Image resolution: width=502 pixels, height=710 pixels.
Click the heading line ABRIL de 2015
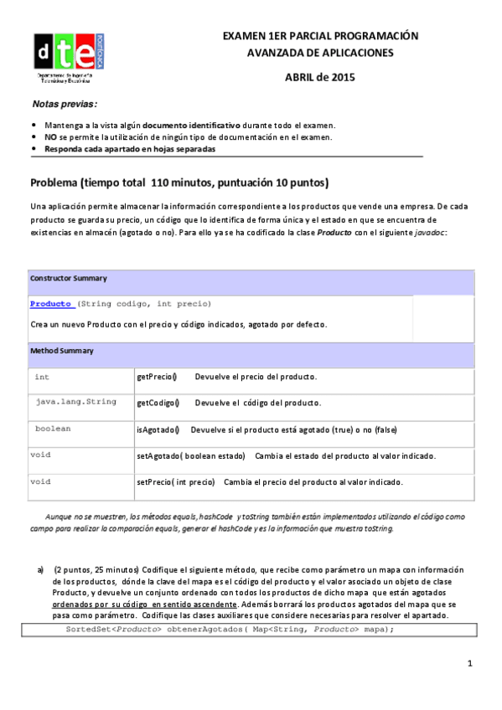pyautogui.click(x=320, y=78)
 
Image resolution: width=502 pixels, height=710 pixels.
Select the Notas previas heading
pyautogui.click(x=64, y=105)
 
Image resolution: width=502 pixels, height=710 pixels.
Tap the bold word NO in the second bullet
pyautogui.click(x=50, y=136)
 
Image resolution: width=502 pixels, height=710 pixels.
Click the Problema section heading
pyautogui.click(x=179, y=183)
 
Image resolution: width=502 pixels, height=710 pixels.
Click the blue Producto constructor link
pyautogui.click(x=52, y=303)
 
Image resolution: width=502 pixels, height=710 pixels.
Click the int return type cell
pyautogui.click(x=42, y=378)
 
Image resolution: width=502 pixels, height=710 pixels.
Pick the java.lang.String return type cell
pyautogui.click(x=75, y=403)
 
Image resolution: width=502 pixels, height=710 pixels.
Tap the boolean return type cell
pyautogui.click(x=53, y=429)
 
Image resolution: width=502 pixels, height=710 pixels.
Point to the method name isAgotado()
pyautogui.click(x=158, y=430)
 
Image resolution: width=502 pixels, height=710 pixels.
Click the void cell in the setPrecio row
pyautogui.click(x=41, y=482)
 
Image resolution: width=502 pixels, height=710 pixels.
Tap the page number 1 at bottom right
pyautogui.click(x=471, y=664)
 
